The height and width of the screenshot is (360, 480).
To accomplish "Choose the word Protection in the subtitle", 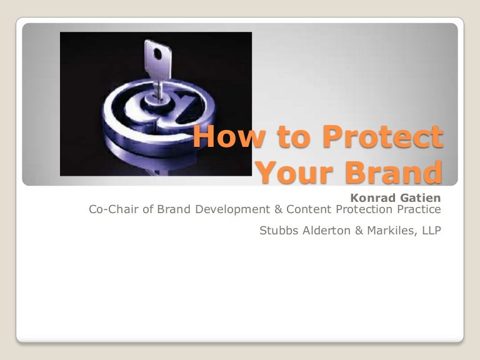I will click(360, 210).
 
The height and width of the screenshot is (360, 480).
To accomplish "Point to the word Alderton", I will click(322, 231).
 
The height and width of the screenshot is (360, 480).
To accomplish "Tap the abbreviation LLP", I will click(429, 231).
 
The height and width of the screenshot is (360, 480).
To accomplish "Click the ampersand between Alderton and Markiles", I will click(352, 231).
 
